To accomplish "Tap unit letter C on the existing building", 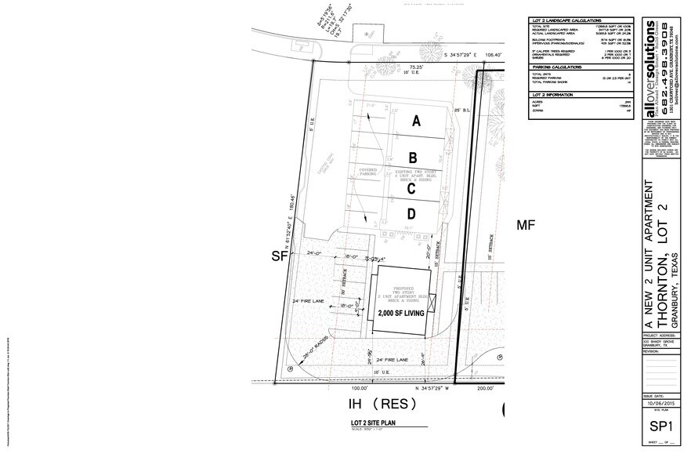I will click(411, 188).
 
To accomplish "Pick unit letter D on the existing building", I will click(410, 214).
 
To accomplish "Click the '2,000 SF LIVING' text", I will click(401, 313).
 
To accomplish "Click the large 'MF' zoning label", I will click(525, 226).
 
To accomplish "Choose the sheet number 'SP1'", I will click(658, 425).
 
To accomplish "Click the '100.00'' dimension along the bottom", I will click(360, 387).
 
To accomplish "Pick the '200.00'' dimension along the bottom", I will click(485, 387).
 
